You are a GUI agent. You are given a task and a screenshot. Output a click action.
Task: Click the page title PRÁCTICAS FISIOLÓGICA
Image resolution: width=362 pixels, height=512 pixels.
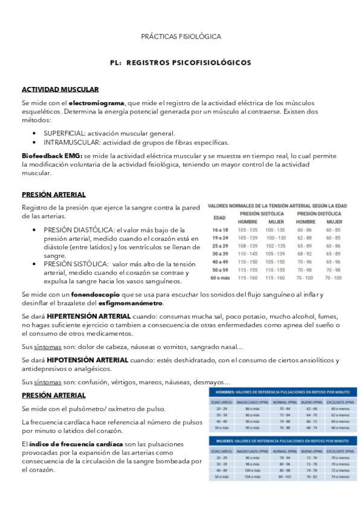coord(181,37)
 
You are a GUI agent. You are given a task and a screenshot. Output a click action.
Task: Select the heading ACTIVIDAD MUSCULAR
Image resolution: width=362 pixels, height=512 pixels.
coord(56,89)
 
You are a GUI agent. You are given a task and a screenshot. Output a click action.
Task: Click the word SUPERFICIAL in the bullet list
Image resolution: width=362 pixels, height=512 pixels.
coord(63,133)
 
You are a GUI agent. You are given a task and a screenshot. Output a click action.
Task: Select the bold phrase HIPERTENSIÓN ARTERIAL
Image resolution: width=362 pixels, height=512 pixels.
coord(88,316)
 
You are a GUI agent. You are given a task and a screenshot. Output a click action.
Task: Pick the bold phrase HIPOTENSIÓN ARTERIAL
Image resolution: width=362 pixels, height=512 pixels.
coord(86,360)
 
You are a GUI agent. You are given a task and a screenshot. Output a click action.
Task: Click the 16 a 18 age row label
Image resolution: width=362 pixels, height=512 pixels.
coord(220,230)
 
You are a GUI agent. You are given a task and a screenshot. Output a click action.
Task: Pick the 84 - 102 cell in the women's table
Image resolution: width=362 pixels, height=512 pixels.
coord(285,478)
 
